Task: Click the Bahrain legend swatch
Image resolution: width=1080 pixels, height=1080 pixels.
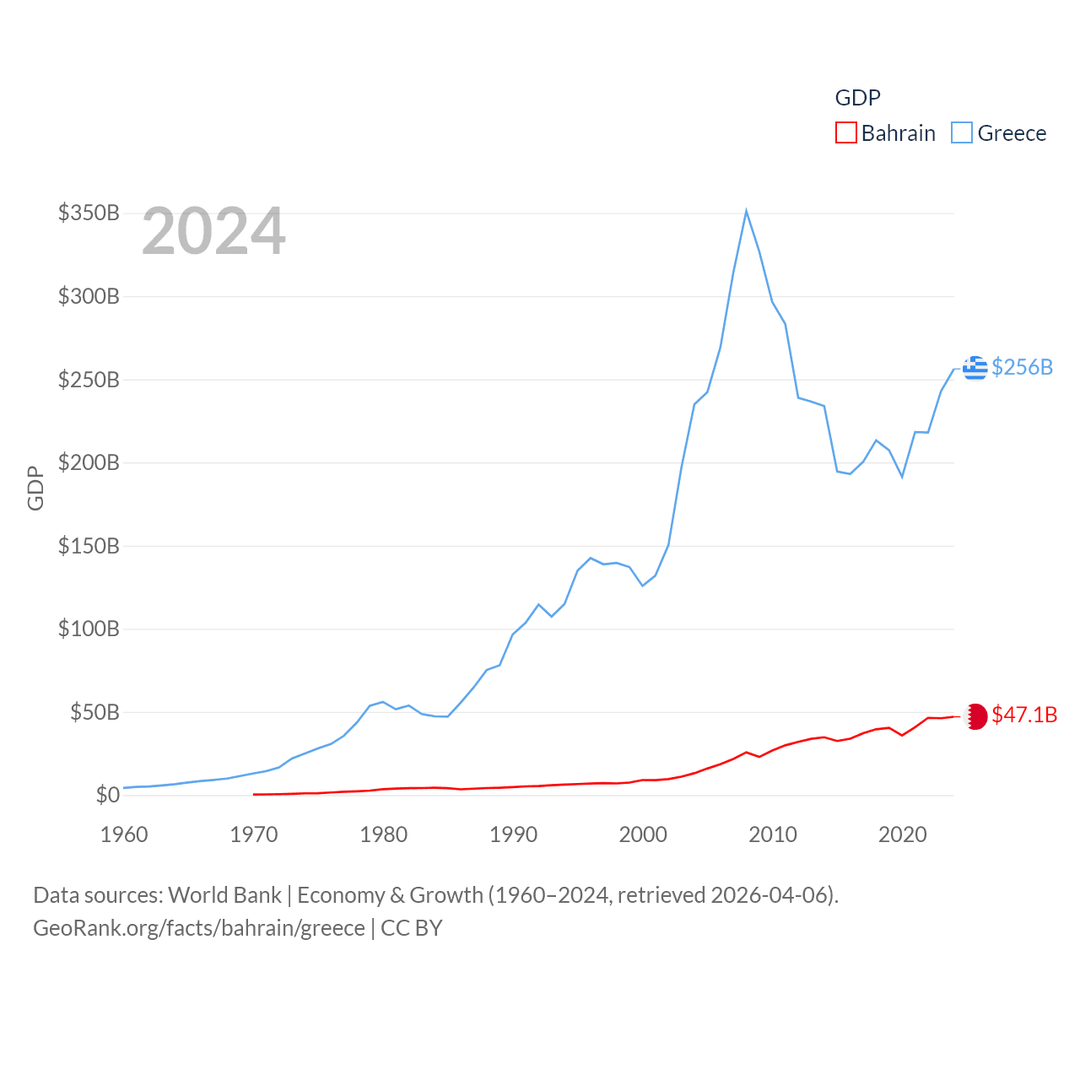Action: pos(845,133)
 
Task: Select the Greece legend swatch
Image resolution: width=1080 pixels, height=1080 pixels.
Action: pos(961,133)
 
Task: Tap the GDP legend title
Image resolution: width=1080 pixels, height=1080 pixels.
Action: pos(857,98)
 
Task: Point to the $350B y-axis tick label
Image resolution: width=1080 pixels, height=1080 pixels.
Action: pos(89,213)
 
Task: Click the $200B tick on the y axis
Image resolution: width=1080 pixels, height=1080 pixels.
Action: pos(89,462)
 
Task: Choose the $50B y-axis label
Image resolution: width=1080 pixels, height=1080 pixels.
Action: pos(94,712)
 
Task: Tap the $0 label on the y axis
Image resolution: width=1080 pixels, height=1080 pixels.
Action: pos(107,795)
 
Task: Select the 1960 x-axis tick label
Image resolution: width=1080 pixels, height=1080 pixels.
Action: pos(124,834)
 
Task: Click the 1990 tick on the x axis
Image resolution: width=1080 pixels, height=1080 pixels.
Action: pos(513,834)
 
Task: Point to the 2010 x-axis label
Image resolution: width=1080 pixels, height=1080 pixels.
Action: pos(773,834)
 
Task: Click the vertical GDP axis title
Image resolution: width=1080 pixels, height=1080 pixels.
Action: pos(35,488)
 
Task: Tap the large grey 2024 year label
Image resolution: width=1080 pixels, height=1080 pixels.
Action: pos(213,231)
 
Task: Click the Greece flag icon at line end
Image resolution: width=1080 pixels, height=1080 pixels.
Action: pos(975,368)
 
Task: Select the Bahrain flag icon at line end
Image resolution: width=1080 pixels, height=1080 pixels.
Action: pos(975,716)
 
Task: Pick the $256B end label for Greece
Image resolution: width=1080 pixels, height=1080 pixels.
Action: pos(1022,367)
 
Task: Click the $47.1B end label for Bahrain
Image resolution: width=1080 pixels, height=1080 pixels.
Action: pos(1024,715)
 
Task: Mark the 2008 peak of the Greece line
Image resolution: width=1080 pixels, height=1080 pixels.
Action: pos(747,211)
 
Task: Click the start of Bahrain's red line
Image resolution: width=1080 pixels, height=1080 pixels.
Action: pos(254,794)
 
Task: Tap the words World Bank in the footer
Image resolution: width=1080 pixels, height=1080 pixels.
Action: pos(224,894)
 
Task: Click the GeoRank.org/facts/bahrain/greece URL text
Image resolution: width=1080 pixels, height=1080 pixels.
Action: pos(199,928)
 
